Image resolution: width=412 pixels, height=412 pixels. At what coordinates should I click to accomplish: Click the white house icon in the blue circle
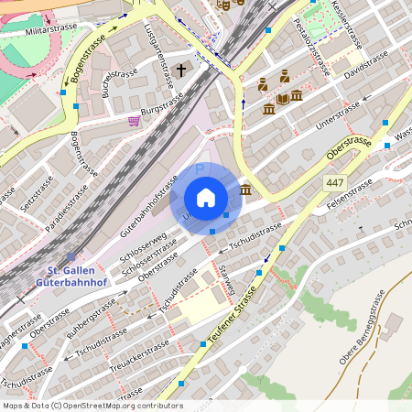[206, 197]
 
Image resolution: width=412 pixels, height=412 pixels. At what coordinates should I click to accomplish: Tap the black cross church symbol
[181, 70]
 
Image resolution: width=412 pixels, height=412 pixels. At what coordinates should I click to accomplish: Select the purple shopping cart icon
[135, 120]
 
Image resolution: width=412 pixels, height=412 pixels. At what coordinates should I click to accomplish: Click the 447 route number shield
[335, 183]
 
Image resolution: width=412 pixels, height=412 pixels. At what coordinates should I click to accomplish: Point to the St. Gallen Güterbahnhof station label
[78, 276]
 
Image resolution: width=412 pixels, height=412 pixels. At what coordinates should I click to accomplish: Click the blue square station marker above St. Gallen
[71, 256]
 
